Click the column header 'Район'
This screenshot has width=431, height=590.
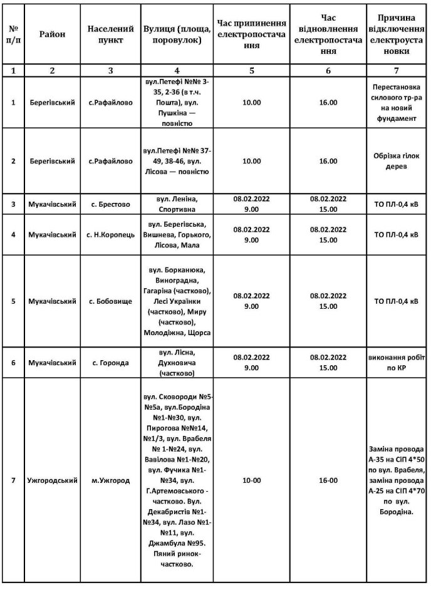coord(52,34)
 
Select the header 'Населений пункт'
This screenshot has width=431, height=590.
coord(111,34)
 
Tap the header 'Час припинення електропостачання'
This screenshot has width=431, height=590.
coord(251,34)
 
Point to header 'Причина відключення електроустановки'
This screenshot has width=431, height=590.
coord(397,34)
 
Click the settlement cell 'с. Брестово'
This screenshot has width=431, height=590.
coord(111,204)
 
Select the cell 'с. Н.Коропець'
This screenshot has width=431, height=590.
coord(111,235)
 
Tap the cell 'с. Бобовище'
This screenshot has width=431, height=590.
coord(111,301)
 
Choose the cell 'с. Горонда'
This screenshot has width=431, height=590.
coord(111,362)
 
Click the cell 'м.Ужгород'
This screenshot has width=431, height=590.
coord(111,480)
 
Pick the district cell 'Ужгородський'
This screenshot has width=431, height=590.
coord(52,480)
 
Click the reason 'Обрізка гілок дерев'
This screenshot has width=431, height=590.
coord(397,161)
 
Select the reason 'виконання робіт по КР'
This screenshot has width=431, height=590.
coord(397,362)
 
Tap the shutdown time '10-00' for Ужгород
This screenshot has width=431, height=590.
coord(251,480)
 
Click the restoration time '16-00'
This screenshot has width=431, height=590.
coord(328,480)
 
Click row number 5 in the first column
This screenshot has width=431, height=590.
coord(14,301)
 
